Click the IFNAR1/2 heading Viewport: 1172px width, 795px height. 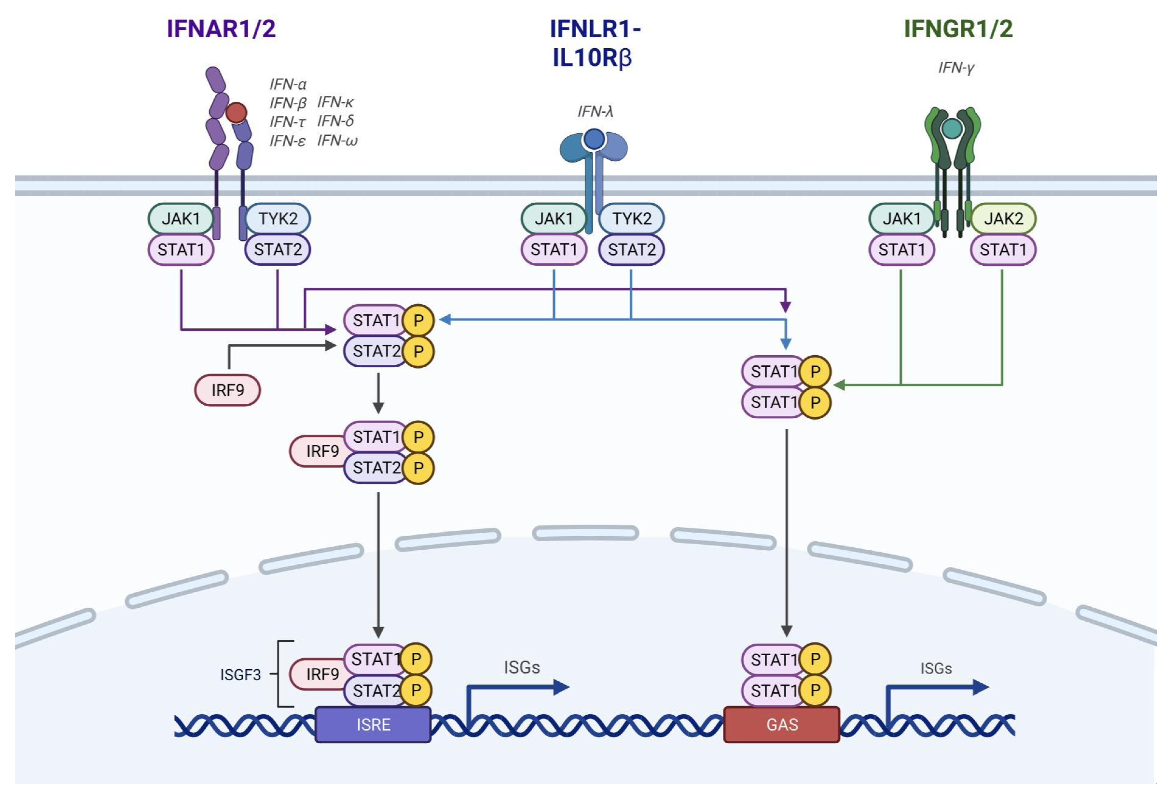coord(222,28)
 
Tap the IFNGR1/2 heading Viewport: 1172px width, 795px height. coord(958,28)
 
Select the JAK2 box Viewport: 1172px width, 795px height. coord(1004,219)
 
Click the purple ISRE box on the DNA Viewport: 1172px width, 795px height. coord(373,724)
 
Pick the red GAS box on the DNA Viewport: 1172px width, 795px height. coord(782,724)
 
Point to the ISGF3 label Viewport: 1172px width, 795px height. coord(240,675)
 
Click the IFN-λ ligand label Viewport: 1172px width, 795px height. coord(595,111)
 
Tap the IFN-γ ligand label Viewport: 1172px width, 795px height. coord(956,68)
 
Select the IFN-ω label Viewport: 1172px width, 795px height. coord(337,140)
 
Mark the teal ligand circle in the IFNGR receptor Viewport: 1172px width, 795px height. coord(952,129)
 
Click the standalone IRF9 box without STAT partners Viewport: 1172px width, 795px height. coord(227,390)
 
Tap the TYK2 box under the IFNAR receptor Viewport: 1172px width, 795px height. coord(278,219)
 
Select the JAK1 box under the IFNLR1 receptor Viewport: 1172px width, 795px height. coord(554,219)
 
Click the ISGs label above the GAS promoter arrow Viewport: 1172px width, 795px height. coord(936,668)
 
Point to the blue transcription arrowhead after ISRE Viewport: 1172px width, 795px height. coord(561,687)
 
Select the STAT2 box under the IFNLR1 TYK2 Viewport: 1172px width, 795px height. coord(631,249)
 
